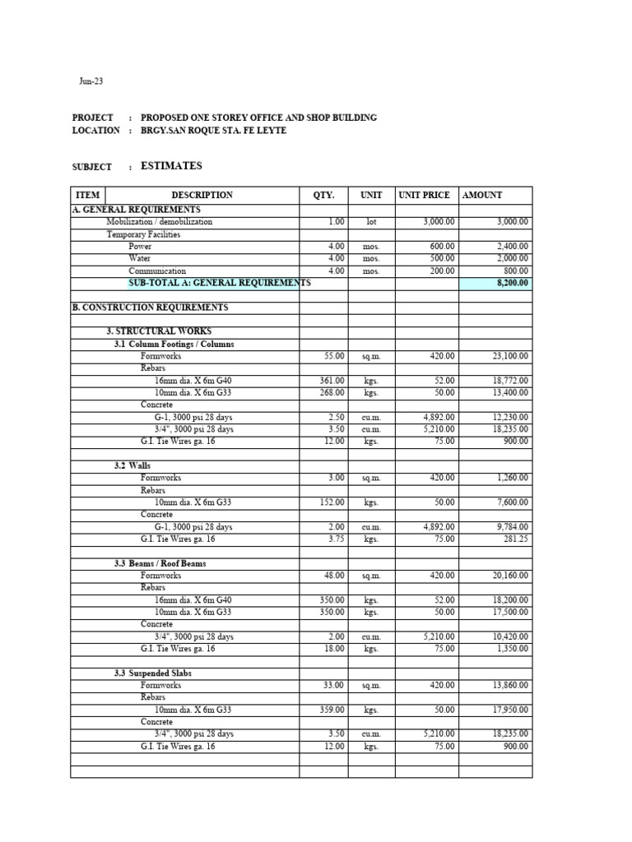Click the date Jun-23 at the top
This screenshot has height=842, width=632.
[91, 81]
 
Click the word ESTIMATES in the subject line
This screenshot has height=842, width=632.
[171, 166]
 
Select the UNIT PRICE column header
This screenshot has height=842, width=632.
[424, 195]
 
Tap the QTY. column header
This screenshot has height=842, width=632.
[323, 195]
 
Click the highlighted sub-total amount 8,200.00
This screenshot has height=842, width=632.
[511, 283]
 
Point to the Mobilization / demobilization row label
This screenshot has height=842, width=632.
[159, 222]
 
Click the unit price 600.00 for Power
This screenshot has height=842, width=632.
[442, 246]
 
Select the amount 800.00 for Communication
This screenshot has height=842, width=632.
[516, 271]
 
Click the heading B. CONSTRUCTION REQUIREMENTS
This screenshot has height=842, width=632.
[151, 308]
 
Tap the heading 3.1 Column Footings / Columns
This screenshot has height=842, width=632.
[174, 345]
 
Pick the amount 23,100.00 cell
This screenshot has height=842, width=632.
[510, 356]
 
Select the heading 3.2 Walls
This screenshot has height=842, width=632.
[132, 466]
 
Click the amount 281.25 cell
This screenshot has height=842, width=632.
[515, 539]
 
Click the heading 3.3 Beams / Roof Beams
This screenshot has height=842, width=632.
[160, 564]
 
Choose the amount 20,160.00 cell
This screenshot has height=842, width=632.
[510, 576]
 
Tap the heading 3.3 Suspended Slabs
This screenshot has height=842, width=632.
[153, 673]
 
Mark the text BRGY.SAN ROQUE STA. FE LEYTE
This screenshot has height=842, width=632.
[214, 131]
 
